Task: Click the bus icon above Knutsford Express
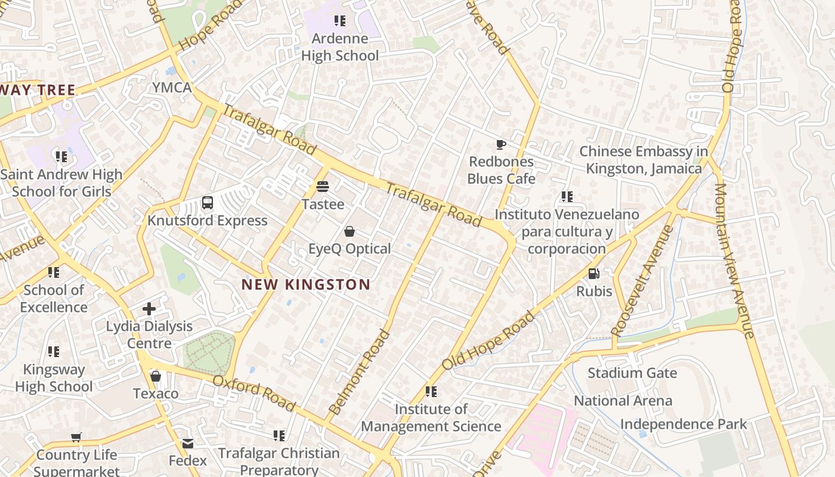[207, 203]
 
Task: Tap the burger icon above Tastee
[323, 187]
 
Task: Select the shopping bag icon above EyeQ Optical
[350, 231]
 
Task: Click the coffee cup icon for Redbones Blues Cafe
[501, 144]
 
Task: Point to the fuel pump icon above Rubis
[593, 274]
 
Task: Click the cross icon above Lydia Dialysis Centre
[149, 309]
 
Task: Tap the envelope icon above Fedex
[188, 444]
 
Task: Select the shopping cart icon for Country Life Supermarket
[76, 438]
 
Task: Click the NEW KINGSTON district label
[306, 284]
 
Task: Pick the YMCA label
[172, 88]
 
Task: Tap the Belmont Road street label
[359, 372]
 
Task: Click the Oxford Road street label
[254, 393]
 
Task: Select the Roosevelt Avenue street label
[642, 280]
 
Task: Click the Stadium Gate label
[632, 373]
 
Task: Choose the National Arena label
[623, 401]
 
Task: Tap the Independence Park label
[684, 424]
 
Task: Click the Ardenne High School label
[340, 47]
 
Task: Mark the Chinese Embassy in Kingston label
[644, 160]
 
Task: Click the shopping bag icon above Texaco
[156, 376]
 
